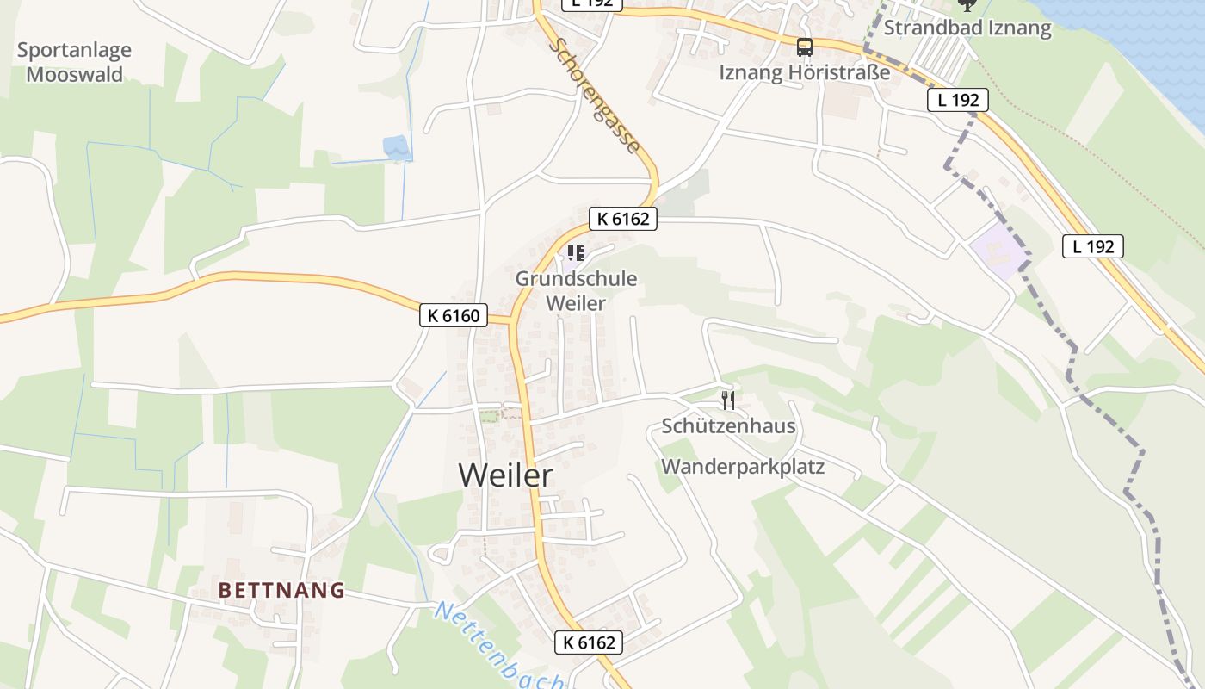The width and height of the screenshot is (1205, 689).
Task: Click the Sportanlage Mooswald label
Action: tap(74, 62)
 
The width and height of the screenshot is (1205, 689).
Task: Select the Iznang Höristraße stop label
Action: tap(805, 72)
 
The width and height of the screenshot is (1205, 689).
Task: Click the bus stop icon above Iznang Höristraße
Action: tap(805, 47)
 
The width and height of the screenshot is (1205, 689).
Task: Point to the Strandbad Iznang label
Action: tap(967, 28)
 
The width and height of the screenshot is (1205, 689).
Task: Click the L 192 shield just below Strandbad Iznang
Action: tap(958, 100)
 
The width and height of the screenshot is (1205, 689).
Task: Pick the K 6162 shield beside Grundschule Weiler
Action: tap(623, 219)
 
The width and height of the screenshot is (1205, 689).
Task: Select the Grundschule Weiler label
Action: tap(576, 290)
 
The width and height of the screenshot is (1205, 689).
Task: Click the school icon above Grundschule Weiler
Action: tap(576, 253)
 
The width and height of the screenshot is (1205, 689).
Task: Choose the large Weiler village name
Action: tap(505, 475)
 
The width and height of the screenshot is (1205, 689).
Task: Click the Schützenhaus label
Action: tap(728, 425)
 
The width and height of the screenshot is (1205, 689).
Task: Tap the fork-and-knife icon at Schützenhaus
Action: tap(728, 400)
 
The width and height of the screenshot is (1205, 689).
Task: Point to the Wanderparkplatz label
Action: tap(743, 467)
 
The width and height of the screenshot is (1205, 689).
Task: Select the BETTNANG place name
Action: tap(281, 590)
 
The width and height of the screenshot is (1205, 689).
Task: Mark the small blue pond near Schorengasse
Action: tap(396, 146)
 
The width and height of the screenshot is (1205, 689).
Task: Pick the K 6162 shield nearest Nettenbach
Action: tap(589, 642)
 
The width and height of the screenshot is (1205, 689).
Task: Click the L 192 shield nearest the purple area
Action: tap(1093, 246)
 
